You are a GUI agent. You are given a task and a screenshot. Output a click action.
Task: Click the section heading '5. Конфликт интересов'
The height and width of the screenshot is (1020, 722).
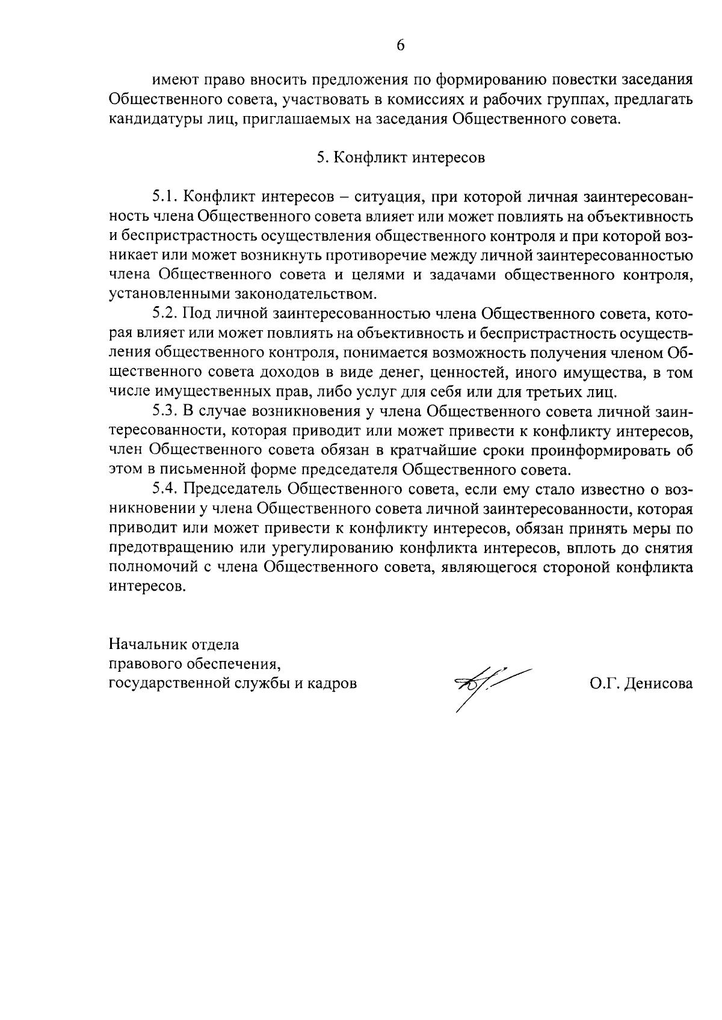point(401,158)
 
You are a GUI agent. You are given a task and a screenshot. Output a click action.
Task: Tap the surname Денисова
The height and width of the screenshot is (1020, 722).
point(658,683)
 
